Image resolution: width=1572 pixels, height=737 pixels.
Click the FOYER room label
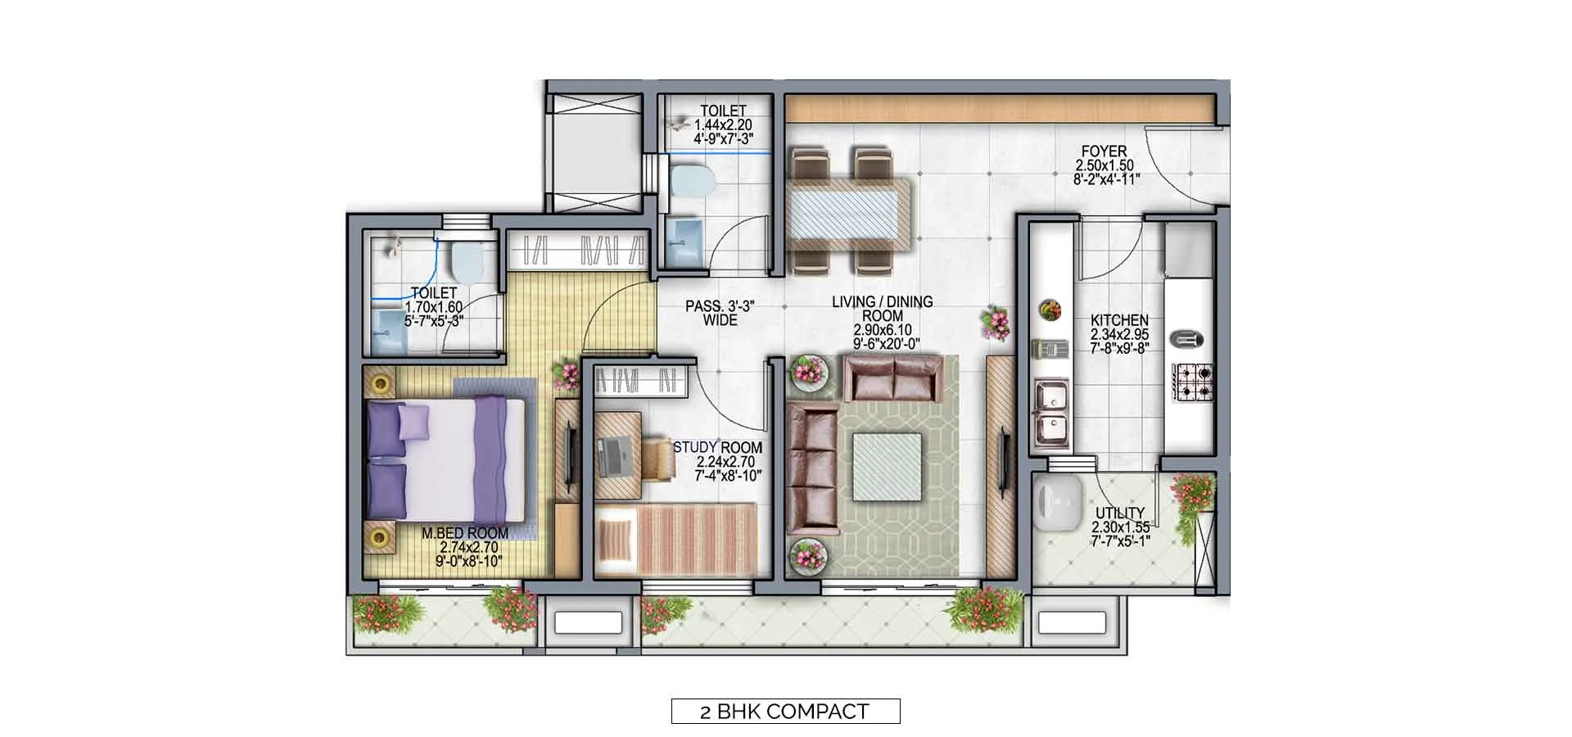click(1104, 151)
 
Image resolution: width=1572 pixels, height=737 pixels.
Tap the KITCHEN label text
click(1119, 320)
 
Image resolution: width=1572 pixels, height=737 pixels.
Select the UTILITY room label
click(1120, 513)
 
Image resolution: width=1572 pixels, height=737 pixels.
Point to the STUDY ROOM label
click(717, 448)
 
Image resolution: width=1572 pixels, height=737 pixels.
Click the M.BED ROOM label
click(465, 533)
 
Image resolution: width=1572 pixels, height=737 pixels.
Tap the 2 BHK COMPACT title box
click(785, 711)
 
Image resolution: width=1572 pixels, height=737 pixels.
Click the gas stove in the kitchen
click(1193, 382)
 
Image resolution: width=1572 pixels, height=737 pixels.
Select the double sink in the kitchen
click(1051, 414)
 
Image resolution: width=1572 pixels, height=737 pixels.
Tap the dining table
click(849, 210)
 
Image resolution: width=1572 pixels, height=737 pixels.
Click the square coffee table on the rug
click(887, 466)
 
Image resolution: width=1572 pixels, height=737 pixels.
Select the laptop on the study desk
click(613, 457)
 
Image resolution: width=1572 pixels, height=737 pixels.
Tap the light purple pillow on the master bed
click(413, 421)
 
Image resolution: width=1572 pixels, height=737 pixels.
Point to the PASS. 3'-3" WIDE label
click(720, 314)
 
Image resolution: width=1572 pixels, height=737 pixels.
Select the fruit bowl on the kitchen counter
click(1050, 310)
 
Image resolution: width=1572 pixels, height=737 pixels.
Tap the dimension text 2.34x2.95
click(1119, 335)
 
